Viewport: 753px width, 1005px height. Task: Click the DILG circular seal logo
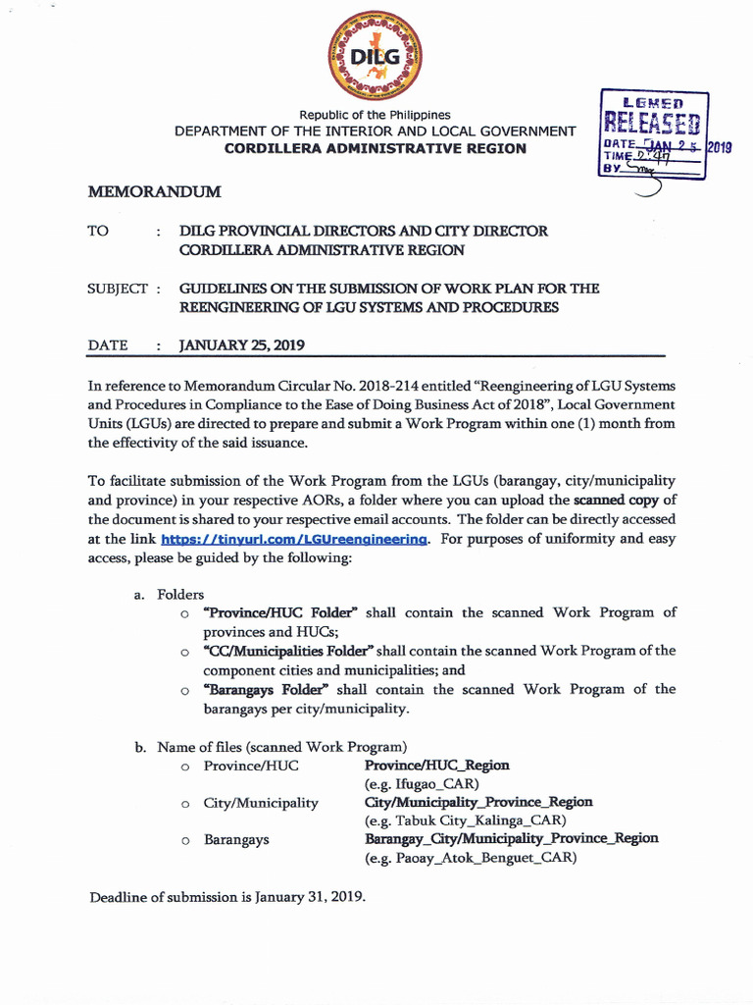point(376,56)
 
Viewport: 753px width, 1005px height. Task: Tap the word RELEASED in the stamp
point(651,124)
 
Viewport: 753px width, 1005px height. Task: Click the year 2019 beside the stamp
point(720,148)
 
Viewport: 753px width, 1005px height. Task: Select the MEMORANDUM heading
point(154,191)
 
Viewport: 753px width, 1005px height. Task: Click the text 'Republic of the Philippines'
point(375,115)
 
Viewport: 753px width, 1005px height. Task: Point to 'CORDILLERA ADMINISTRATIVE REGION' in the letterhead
point(375,148)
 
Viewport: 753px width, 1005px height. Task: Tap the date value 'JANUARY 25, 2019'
point(241,345)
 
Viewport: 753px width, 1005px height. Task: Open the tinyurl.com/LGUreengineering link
point(294,539)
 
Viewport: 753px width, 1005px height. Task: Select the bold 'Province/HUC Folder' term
point(280,612)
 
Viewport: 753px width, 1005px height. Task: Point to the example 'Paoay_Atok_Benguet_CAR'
point(471,857)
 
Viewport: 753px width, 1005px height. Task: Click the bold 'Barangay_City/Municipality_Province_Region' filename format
point(511,838)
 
